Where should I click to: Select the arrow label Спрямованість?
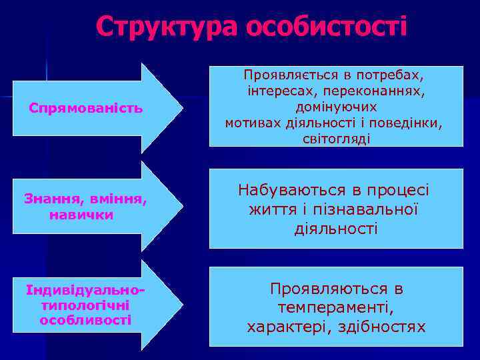coord(85,107)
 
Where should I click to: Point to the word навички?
coord(81,215)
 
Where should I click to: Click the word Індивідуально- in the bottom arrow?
coord(85,292)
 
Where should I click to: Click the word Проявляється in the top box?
coord(283,74)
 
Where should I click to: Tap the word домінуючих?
coord(336,107)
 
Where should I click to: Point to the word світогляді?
coord(336,139)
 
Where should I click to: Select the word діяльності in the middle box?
coord(335,229)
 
